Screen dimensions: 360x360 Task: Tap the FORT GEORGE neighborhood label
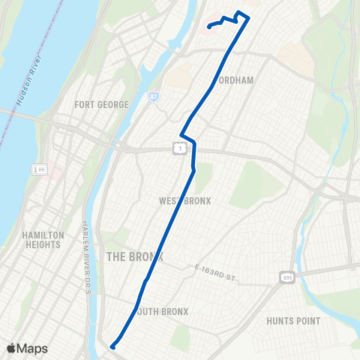[x=101, y=104]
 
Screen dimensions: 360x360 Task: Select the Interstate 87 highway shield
[x=154, y=97]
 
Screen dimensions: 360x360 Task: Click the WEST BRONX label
[x=184, y=201]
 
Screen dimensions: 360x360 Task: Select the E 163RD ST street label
[x=214, y=272]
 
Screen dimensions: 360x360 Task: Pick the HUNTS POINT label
[x=293, y=321]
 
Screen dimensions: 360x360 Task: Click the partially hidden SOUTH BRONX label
[x=163, y=311]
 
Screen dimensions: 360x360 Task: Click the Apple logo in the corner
[x=11, y=348]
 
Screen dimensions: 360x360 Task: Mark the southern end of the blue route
[x=112, y=346]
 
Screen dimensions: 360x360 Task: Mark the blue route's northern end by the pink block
[x=209, y=26]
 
